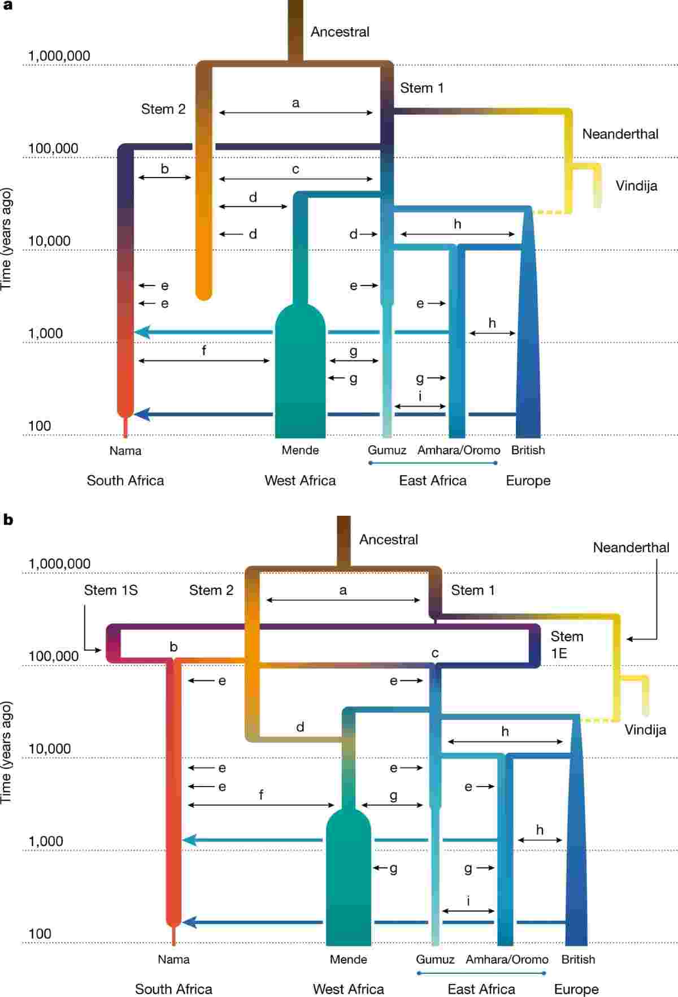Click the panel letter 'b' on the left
pos(8,519)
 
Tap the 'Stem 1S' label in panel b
pos(111,590)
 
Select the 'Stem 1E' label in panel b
pos(567,645)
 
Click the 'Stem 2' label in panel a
pos(163,109)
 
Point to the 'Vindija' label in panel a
pos(636,186)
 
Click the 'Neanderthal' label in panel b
pos(631,547)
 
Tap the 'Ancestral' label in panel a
pos(340,32)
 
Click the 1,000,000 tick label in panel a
pos(59,56)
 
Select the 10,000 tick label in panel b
pos(50,749)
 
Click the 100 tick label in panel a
pos(40,426)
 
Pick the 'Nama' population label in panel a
pos(125,451)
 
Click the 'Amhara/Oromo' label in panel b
pos(507,960)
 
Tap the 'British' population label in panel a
pos(528,450)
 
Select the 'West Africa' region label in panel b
pos(348,989)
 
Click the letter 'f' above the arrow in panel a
pos(204,351)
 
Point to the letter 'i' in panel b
pos(468,901)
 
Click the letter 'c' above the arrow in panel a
pos(295,169)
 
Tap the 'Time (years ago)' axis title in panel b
pos(7,752)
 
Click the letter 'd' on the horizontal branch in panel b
pos(300,727)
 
